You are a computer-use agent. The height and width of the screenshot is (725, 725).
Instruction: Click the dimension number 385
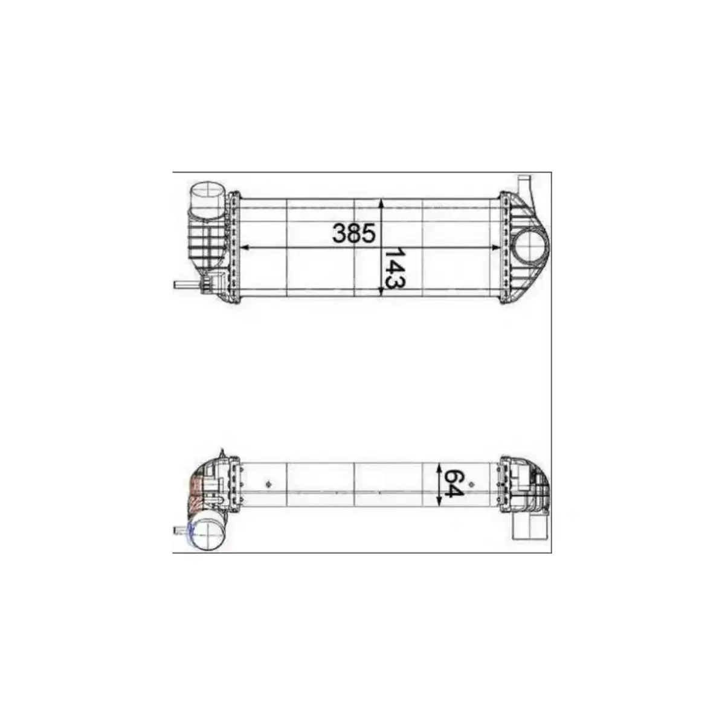(x=355, y=233)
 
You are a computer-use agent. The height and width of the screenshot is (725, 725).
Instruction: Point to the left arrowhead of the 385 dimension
(x=244, y=248)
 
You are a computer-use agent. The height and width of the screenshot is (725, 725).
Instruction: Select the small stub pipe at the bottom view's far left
(x=179, y=530)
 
